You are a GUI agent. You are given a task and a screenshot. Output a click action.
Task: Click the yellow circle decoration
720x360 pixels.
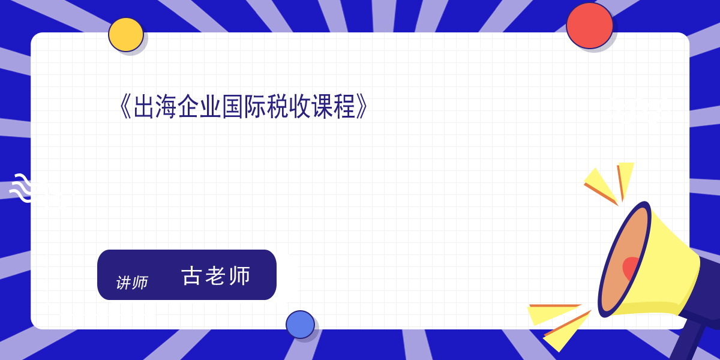point(125,35)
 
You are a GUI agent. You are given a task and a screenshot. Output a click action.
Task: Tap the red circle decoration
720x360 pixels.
point(589,26)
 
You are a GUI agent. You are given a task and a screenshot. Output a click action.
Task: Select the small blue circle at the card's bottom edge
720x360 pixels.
point(300,325)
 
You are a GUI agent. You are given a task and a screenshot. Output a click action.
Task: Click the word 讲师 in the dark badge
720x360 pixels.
point(132,283)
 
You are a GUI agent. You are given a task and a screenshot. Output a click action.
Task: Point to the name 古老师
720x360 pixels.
point(216,276)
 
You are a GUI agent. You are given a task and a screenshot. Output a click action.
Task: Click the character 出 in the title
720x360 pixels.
point(143,107)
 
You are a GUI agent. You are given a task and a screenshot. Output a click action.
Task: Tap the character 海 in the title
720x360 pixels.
point(166,107)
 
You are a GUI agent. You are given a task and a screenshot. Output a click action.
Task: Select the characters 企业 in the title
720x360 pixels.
point(199,107)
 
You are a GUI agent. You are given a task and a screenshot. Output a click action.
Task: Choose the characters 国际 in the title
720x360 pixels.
point(244,107)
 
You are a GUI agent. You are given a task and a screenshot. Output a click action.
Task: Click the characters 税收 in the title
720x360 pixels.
point(289,107)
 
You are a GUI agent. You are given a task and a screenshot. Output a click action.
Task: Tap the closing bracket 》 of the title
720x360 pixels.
point(362,107)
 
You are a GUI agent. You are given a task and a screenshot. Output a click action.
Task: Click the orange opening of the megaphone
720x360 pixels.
point(623,260)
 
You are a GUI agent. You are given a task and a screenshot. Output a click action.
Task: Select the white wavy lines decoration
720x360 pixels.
point(21,188)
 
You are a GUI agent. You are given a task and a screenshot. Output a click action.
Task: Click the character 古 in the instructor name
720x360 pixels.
point(191,276)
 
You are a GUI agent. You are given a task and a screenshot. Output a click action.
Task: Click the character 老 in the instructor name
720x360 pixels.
point(215,276)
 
